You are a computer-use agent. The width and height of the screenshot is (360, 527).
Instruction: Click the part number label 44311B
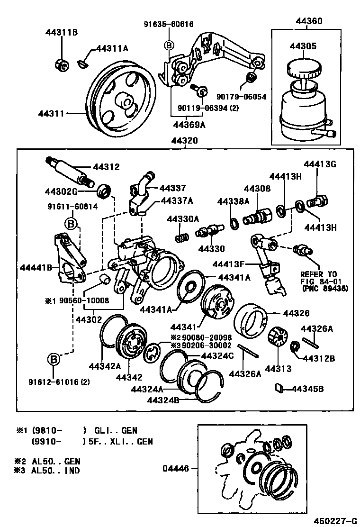(62, 32)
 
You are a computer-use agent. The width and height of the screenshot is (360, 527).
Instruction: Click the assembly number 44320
(185, 141)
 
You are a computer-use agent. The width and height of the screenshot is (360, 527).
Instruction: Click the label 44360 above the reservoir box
(309, 21)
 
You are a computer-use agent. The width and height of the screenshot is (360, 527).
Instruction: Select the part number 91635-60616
(169, 24)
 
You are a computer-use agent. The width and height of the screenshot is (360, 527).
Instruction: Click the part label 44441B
(36, 267)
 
